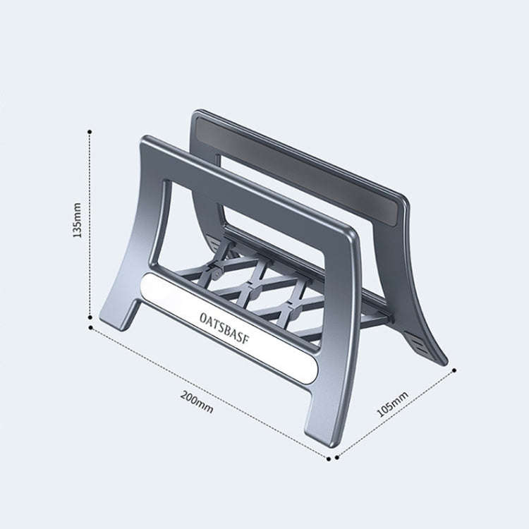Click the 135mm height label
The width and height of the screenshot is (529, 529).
(x=78, y=219)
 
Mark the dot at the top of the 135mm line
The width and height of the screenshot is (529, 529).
(x=90, y=131)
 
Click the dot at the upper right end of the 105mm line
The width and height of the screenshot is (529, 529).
(x=454, y=369)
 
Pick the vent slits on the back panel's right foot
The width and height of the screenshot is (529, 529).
(x=422, y=342)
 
